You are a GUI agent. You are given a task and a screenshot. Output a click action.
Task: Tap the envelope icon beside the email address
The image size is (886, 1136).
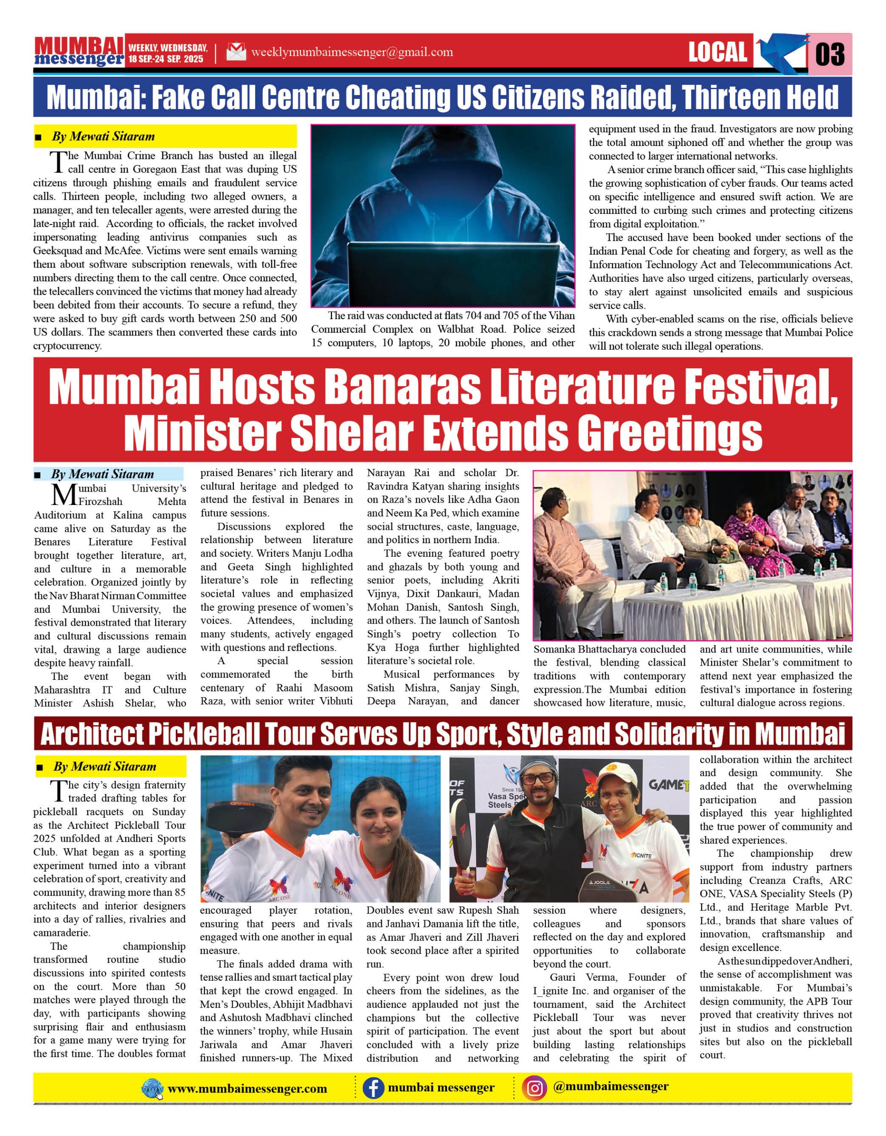[236, 52]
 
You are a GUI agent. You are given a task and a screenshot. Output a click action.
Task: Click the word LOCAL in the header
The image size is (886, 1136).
[717, 52]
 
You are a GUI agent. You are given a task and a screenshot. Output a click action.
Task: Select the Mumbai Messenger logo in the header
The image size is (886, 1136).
[79, 51]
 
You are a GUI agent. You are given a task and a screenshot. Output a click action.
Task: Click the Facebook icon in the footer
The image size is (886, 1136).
[373, 1088]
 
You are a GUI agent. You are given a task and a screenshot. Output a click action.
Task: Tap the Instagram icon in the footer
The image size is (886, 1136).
[534, 1088]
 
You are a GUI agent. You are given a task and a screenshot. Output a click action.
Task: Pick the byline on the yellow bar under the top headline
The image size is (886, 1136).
[103, 137]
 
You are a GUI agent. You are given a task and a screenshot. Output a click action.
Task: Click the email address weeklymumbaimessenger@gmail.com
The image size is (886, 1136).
[352, 52]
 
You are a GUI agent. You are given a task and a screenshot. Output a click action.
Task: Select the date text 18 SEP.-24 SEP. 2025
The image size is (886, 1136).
[166, 59]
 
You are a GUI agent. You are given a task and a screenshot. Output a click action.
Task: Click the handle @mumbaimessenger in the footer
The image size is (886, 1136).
[611, 1087]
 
